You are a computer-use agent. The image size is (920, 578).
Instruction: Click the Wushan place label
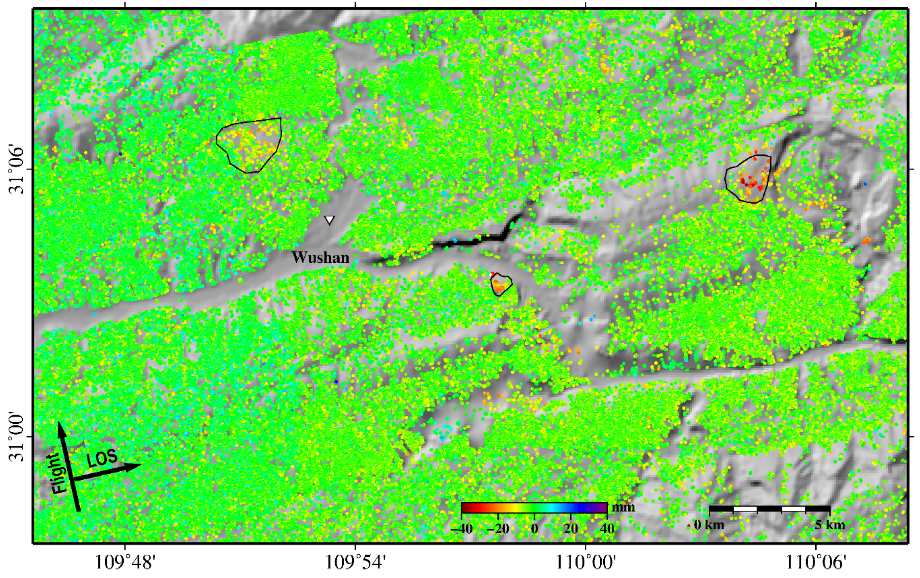[x=321, y=258]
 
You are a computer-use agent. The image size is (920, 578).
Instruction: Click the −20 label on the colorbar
[x=498, y=529]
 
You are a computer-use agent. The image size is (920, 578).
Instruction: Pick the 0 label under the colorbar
[x=534, y=529]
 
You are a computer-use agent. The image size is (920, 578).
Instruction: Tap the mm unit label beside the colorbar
[x=623, y=507]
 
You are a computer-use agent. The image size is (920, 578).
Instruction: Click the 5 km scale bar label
[x=829, y=525]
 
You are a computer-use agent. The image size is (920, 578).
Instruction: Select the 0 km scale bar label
[x=709, y=525]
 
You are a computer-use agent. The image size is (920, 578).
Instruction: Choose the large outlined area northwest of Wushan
[x=250, y=144]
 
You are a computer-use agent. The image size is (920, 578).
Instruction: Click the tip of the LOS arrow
[x=141, y=464]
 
